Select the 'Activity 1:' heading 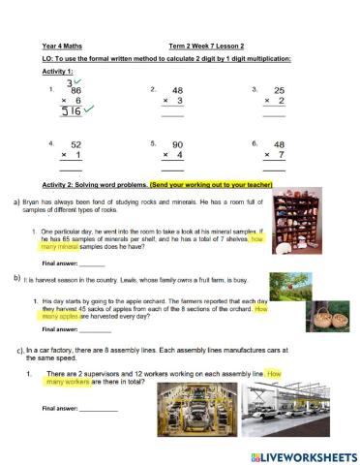pyautogui.click(x=57, y=72)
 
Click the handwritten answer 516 pyautogui.click(x=71, y=111)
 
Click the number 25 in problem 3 pyautogui.click(x=279, y=89)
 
